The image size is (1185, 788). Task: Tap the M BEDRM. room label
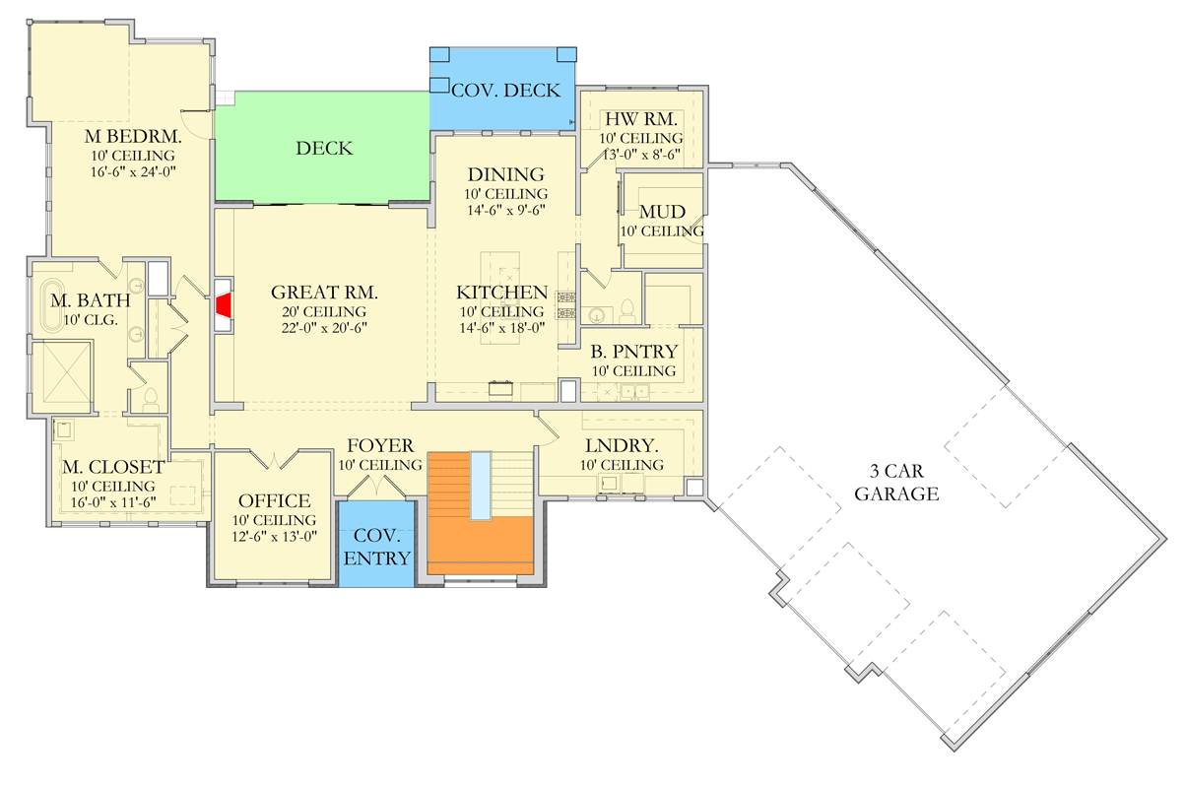coord(133,137)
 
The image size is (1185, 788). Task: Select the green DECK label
coord(324,148)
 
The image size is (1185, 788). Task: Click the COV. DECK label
coord(505,91)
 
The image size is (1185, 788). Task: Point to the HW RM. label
coord(641,119)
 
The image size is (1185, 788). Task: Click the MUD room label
coord(662,212)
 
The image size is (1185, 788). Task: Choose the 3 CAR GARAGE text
coord(896,483)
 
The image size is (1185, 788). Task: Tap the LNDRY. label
coord(622,446)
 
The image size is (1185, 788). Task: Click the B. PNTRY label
coord(634,352)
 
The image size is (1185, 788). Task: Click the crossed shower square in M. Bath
coord(63,376)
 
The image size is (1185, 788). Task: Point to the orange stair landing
coord(480,545)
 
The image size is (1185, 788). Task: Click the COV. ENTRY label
coord(376,547)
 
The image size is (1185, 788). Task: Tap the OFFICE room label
coord(274,500)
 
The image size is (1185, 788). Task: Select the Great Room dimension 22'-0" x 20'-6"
coord(324,328)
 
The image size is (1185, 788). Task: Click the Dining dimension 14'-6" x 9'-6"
coord(505,210)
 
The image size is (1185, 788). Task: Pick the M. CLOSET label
coord(113,467)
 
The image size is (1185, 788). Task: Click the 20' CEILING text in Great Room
coord(324,311)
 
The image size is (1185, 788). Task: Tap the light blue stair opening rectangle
coord(481,486)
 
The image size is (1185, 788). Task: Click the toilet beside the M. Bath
coord(151,400)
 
